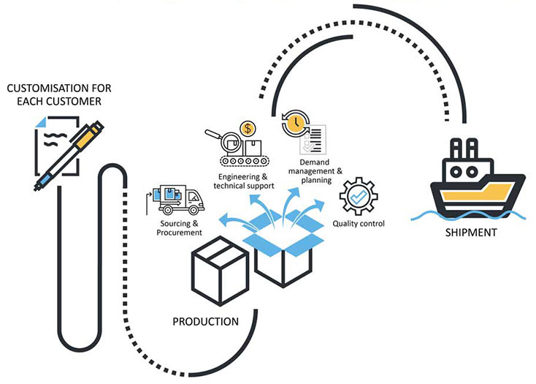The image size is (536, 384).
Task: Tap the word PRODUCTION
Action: coord(205,321)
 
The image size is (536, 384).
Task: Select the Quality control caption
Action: coord(359,223)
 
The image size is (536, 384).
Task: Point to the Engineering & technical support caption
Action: coord(244,181)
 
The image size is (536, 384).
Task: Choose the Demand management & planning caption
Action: coord(315,170)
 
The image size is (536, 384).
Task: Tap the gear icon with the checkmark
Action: coord(359,196)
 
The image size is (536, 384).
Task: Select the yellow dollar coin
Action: coord(249,129)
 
